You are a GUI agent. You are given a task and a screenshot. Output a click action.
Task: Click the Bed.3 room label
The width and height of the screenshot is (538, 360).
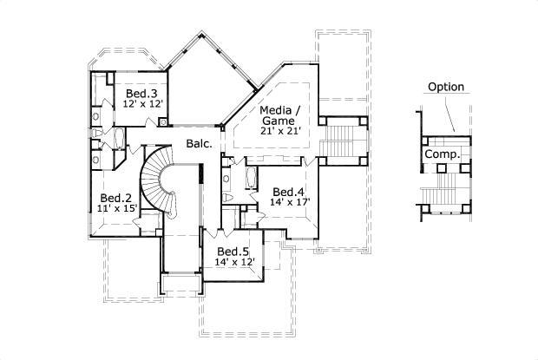coord(141,94)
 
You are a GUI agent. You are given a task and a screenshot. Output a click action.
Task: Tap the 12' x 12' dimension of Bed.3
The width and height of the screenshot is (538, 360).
coord(143,104)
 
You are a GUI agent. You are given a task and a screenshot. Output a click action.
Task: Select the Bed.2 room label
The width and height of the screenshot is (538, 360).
coord(115,198)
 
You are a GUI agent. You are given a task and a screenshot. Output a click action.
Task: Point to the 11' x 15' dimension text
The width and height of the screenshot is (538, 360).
coord(117,208)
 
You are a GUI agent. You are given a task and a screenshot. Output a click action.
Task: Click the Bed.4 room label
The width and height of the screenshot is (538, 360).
coord(288,192)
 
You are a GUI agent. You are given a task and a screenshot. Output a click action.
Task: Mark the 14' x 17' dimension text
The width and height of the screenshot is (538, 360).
coord(291,202)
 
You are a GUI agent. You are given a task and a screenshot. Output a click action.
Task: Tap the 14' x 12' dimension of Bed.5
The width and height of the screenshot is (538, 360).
coord(235,261)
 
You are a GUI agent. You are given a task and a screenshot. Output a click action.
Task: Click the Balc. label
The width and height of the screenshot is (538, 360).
coord(198,144)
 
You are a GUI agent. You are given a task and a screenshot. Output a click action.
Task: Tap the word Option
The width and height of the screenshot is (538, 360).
coord(446,87)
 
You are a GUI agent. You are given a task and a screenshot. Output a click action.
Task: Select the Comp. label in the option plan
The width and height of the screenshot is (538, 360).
coord(442,154)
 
